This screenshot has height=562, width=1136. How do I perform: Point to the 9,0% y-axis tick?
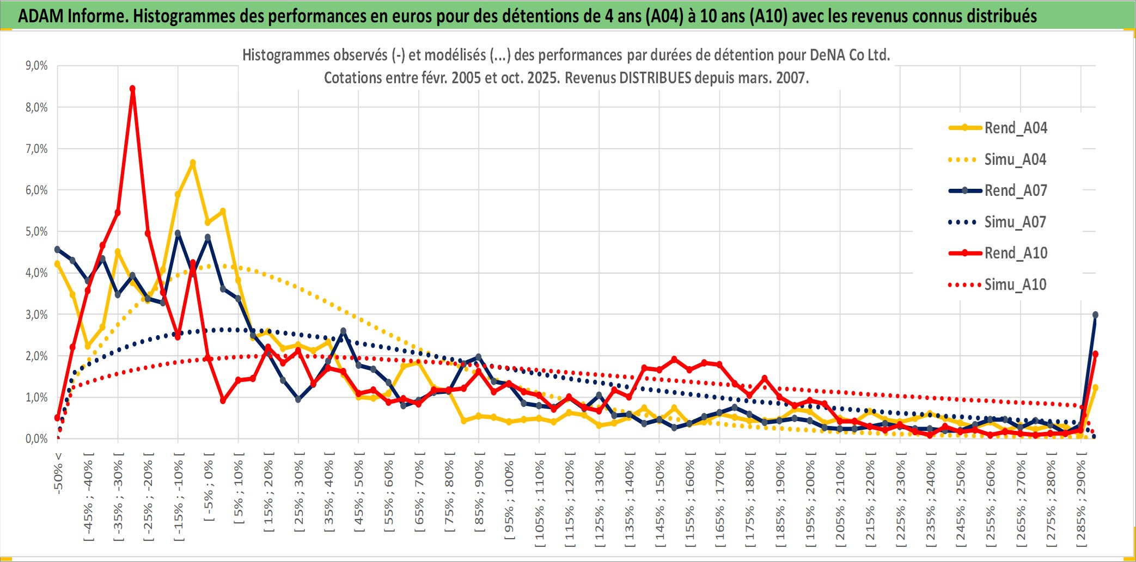pos(36,66)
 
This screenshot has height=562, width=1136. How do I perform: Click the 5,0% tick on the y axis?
pos(36,232)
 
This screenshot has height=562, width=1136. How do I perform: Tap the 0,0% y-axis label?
pos(36,439)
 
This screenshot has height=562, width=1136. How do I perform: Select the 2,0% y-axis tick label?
pos(36,356)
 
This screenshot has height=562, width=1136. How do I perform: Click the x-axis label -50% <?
pos(58,472)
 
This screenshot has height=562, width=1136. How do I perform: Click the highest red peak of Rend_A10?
pos(132,89)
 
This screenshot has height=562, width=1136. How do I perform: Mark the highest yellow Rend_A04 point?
pos(193,163)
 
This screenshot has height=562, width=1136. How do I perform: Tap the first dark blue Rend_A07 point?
pos(57,249)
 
